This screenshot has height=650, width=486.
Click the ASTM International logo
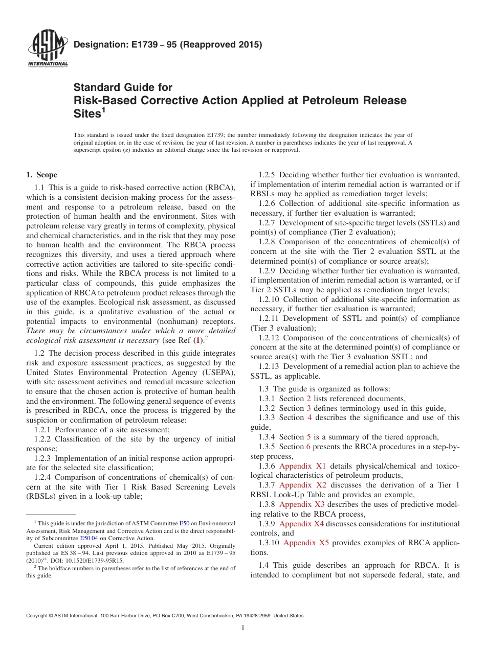(47, 49)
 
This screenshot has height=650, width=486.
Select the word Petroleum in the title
(324, 100)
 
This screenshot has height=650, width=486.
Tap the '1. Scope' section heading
(42, 175)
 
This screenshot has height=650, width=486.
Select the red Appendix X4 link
(301, 524)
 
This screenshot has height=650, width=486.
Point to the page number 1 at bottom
(243, 628)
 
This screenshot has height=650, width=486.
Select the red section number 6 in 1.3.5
(308, 447)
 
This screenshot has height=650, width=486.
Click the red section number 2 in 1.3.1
(308, 399)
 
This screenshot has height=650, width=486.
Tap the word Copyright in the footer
(39, 616)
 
